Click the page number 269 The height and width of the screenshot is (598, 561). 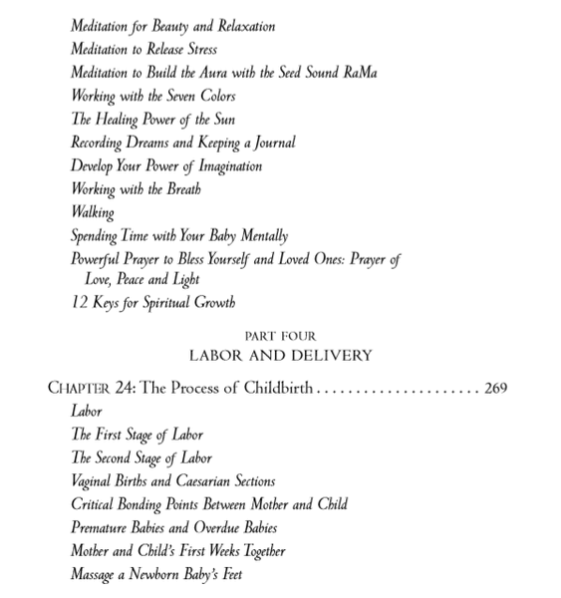(495, 388)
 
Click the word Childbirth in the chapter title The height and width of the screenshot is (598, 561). (275, 388)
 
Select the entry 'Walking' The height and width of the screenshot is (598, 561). (93, 212)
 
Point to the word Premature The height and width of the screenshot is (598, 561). (102, 527)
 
